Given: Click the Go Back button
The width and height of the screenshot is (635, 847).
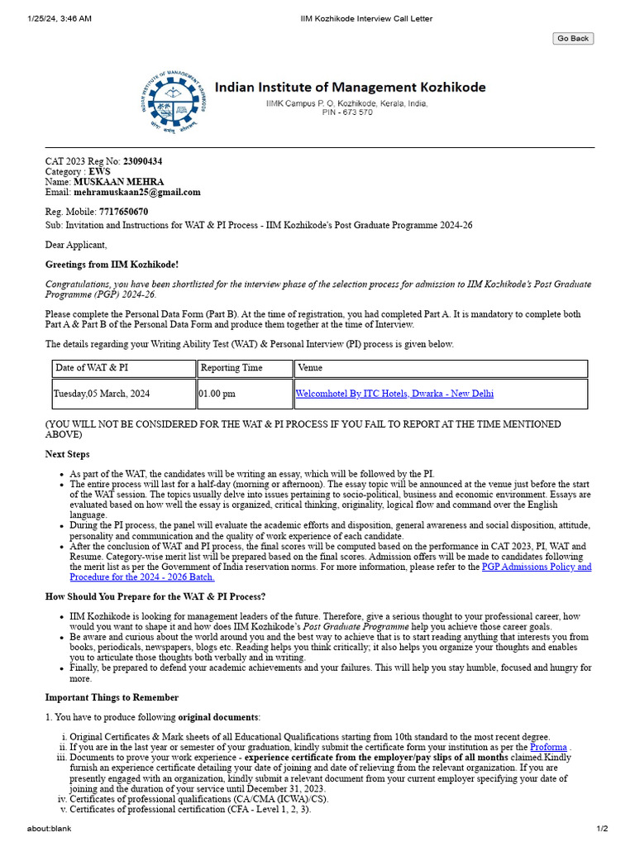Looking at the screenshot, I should point(573,38).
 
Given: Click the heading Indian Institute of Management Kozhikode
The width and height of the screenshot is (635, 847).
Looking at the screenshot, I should point(351,87).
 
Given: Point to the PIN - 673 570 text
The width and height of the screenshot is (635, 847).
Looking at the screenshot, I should point(347,112).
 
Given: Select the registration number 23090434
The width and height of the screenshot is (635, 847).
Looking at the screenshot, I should point(142,160).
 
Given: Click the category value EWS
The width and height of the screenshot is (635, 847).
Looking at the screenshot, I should point(99,171).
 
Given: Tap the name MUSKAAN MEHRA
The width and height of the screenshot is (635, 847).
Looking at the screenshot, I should point(119,182).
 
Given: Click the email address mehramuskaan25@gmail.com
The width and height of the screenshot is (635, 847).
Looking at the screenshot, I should point(137,192).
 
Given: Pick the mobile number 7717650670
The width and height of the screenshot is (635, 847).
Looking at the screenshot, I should point(123,212).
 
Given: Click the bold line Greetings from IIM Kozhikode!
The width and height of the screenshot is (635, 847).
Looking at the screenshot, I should point(112,265).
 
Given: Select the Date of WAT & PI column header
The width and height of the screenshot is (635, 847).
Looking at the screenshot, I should point(92,367).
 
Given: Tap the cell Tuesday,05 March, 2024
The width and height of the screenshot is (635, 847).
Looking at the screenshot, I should point(103,394).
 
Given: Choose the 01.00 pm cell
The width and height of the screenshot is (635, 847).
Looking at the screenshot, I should point(217,394).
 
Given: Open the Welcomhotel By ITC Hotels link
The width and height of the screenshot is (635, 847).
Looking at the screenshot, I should point(394,394).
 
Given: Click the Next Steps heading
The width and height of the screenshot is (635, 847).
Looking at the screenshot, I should point(68,454).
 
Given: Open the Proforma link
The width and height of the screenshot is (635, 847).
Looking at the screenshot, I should point(548,747).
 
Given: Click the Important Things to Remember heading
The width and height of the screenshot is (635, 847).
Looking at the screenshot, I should point(112,697).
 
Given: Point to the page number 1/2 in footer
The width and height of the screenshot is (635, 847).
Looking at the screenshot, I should point(602,829).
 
